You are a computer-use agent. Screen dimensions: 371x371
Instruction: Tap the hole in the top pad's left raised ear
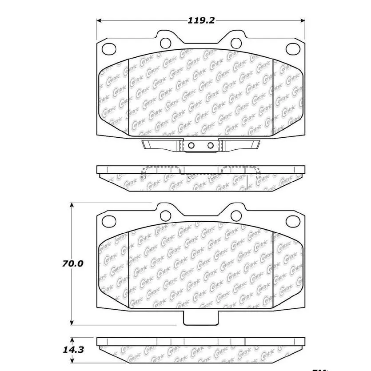165,43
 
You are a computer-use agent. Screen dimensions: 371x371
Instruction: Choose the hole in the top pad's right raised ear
236,43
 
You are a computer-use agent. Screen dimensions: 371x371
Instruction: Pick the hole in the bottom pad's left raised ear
165,215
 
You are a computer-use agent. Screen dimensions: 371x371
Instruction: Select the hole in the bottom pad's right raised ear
236,215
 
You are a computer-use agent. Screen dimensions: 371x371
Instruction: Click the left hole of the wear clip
191,145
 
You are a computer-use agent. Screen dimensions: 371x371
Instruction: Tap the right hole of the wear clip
211,145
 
